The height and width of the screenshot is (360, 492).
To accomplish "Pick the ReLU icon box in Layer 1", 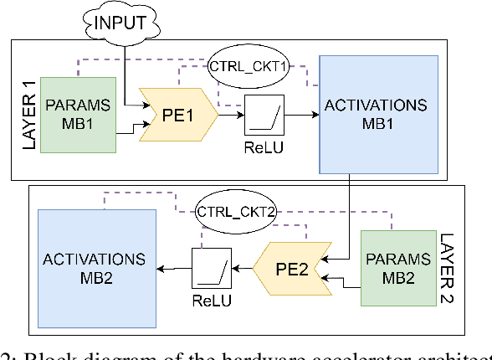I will pos(266,116).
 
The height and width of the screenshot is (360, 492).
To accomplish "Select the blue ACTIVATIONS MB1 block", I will pos(379,112).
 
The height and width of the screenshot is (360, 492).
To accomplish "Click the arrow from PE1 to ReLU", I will pos(231,117).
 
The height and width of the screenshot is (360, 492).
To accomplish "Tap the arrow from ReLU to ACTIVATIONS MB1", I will pos(301,117).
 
